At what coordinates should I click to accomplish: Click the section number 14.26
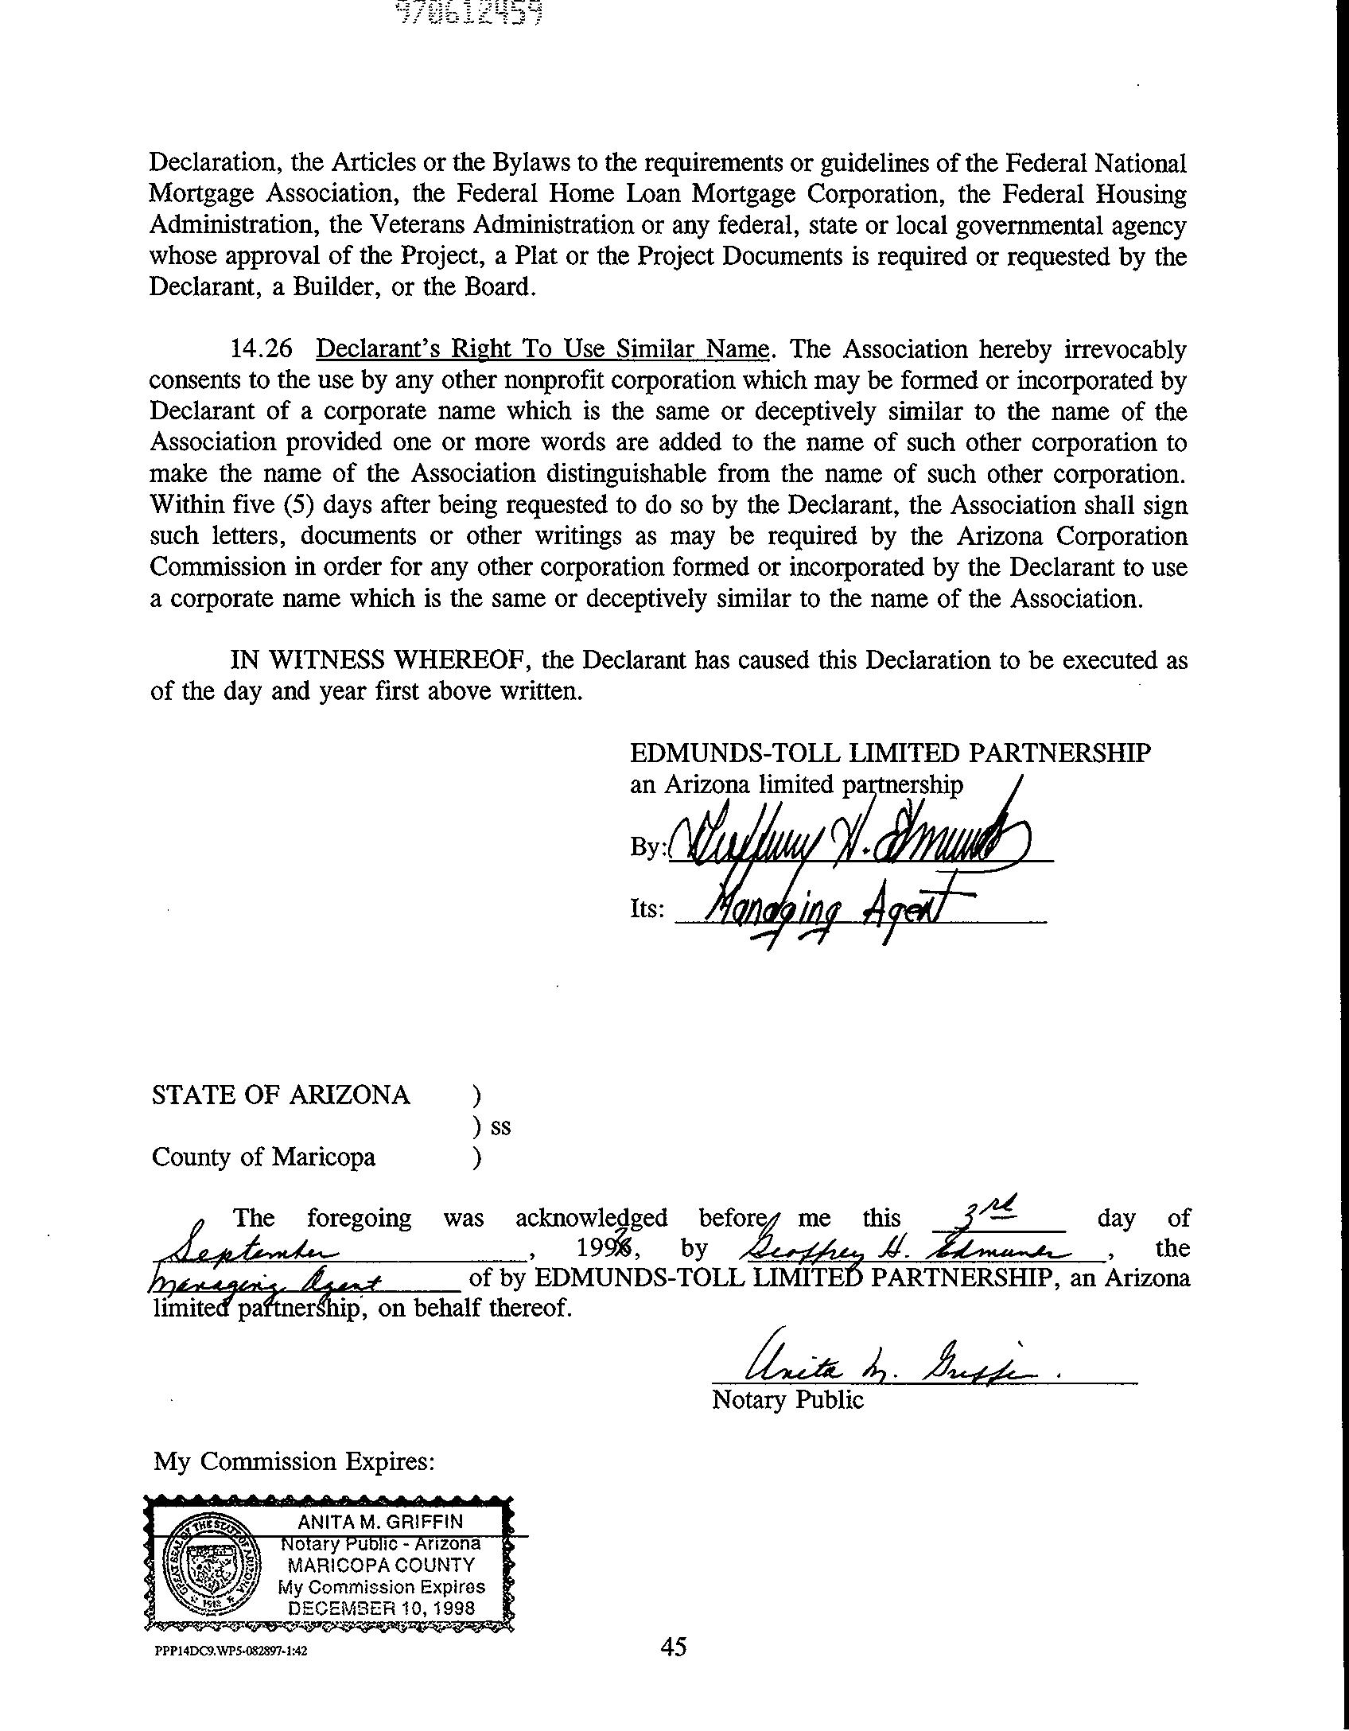(261, 349)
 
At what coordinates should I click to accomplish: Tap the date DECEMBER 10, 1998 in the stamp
(382, 1608)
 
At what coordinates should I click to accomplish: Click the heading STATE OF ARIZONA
(281, 1095)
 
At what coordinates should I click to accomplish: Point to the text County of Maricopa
(263, 1157)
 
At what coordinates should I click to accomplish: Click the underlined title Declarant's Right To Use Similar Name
(543, 349)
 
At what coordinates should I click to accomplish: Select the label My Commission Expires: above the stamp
(294, 1461)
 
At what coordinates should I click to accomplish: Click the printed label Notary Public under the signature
(787, 1399)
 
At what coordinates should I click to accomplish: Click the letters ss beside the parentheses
(500, 1126)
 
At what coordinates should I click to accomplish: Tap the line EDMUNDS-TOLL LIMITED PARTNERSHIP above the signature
(890, 753)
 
